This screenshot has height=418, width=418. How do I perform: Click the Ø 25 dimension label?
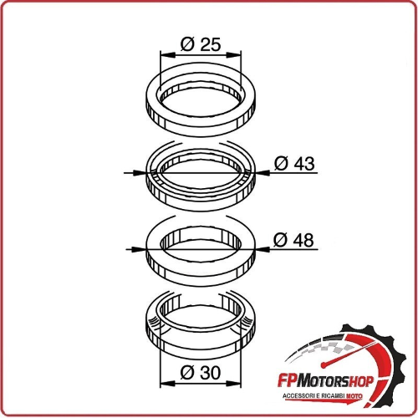pos(201,44)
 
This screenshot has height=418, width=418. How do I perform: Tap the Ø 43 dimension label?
pos(294,163)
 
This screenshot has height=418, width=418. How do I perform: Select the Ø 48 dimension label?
pos(293,240)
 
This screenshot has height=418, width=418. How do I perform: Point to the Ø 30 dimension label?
pos(201,373)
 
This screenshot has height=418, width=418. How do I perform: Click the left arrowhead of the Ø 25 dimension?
pos(168,55)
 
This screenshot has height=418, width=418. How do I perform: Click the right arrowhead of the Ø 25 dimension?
pos(233,55)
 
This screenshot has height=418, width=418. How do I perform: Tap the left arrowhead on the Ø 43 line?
pos(139,173)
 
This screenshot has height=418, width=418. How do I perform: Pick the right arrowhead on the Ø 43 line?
pos(263,173)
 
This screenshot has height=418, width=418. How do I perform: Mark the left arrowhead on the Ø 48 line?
pos(139,249)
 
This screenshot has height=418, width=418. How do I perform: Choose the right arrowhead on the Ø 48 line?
pos(263,249)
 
